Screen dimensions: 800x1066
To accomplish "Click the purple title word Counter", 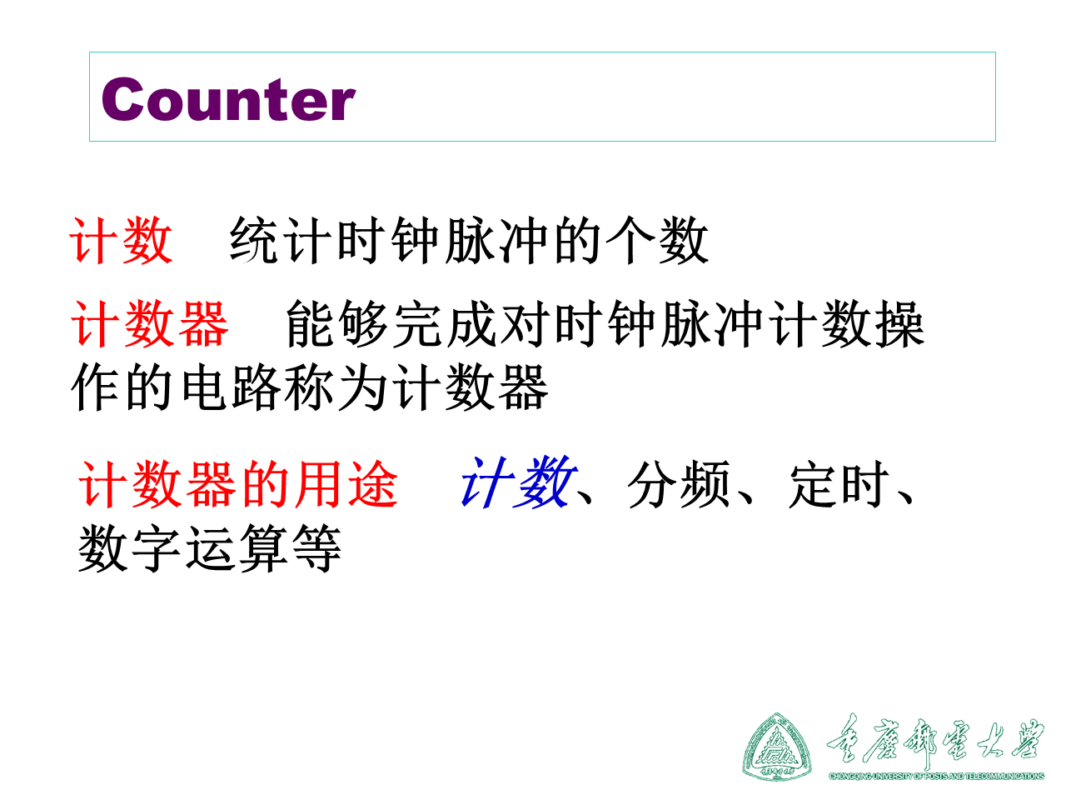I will (x=228, y=100).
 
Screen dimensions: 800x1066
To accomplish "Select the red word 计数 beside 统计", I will (x=122, y=242).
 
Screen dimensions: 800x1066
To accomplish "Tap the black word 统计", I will (x=256, y=242).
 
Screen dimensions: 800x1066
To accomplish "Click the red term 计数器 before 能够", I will (x=150, y=324).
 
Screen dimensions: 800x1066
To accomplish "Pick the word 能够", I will (x=337, y=324).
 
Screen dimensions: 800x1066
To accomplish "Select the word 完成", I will (x=445, y=324).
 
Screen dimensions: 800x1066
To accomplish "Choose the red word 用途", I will (x=346, y=484).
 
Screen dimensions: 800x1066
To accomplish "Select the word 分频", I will (x=680, y=484).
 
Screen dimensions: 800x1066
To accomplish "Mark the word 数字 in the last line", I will (x=130, y=549).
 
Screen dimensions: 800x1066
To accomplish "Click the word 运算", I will (x=237, y=549).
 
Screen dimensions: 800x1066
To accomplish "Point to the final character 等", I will (x=316, y=549).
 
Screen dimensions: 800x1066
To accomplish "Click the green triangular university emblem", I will (x=777, y=747).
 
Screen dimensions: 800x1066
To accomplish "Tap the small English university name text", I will (x=936, y=776).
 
